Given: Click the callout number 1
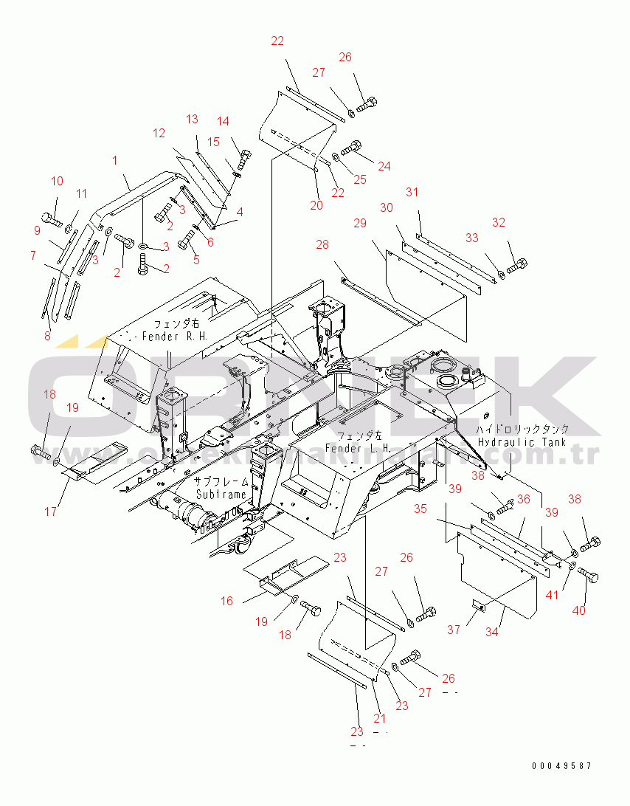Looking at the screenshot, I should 115,160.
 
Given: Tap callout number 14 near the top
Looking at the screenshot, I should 223,122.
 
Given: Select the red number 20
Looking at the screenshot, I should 316,206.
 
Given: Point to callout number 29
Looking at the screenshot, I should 360,222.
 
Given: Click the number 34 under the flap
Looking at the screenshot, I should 492,632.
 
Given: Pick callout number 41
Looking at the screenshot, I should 553,595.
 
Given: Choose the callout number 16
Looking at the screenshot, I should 226,601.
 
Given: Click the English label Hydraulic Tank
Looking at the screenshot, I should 523,441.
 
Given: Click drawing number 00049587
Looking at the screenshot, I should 561,766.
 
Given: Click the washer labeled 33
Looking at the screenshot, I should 500,275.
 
